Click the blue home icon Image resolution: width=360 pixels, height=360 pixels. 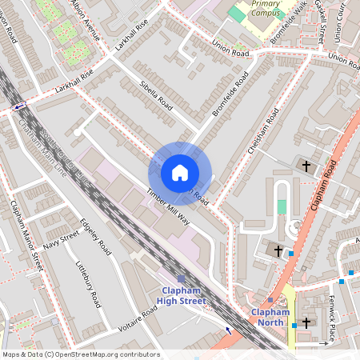[x=179, y=173]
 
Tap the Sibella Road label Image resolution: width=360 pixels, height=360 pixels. [x=156, y=93]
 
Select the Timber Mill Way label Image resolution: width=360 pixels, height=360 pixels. [x=167, y=207]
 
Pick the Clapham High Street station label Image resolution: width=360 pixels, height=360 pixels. [x=182, y=295]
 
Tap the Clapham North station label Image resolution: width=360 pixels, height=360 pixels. [x=269, y=317]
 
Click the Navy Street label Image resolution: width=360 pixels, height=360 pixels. [x=61, y=240]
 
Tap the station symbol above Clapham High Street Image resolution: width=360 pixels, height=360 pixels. [x=181, y=278]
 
